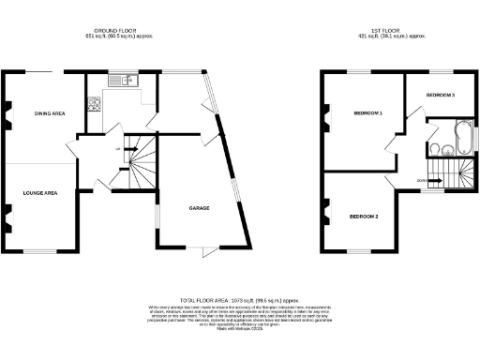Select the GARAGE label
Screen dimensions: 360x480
[x=199, y=207]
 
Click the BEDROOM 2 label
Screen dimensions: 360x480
[x=364, y=217]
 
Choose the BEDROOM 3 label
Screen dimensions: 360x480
[x=440, y=96]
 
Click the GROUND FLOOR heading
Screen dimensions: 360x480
[x=118, y=31]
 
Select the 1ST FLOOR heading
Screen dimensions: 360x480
[x=394, y=31]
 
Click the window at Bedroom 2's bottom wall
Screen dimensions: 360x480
[x=358, y=250]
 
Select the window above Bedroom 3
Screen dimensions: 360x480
[x=441, y=72]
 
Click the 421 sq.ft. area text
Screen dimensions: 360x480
[x=394, y=37]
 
